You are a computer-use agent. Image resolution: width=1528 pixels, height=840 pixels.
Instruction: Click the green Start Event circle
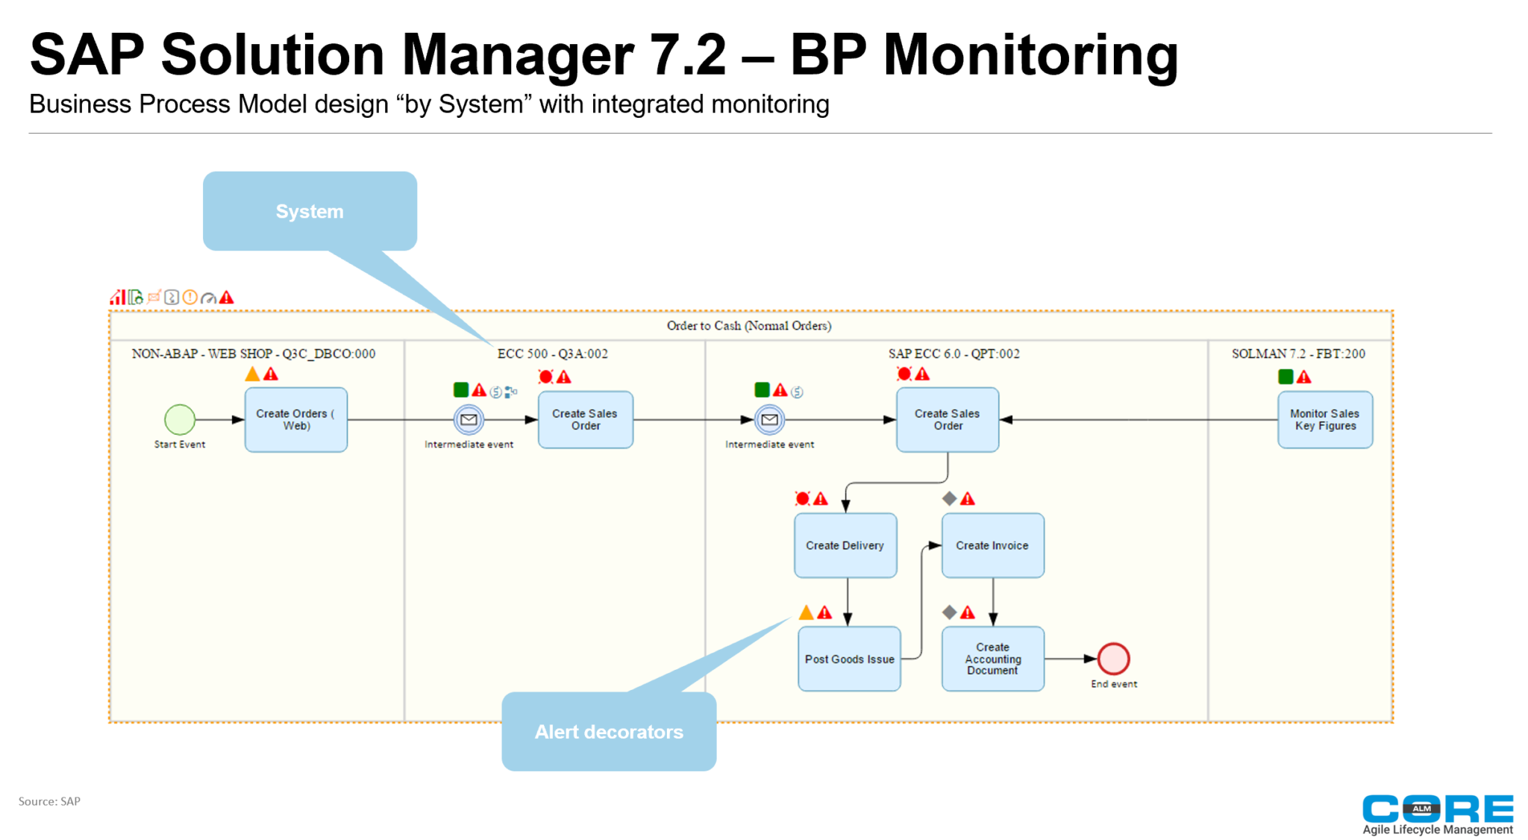179,419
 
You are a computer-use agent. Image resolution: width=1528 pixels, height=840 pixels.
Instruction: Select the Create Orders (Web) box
296,419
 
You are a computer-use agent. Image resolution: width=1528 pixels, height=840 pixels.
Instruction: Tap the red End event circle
1113,659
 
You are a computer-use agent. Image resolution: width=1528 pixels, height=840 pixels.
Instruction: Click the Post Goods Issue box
849,659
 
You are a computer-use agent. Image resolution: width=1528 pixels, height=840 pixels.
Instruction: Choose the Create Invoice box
992,545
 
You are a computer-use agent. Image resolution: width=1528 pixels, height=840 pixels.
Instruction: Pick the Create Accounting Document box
992,659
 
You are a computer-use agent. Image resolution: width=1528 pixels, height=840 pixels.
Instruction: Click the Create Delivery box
845,545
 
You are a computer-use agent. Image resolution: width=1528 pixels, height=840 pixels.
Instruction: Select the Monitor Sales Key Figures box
1324,419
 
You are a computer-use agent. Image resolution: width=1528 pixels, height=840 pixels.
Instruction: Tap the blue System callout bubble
310,211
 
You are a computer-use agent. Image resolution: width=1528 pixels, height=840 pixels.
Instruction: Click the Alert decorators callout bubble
609,732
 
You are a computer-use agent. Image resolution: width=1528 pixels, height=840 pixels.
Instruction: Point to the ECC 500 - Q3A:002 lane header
552,354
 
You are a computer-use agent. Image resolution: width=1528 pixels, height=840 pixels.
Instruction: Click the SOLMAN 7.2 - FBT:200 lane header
1298,354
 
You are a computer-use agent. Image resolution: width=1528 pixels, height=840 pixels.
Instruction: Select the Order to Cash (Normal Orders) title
748,325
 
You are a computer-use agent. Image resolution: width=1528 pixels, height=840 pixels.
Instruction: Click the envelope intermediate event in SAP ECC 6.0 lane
769,419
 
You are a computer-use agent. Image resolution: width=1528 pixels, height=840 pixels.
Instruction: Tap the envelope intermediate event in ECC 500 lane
469,419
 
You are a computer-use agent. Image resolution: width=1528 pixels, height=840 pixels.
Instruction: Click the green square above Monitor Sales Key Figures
1286,377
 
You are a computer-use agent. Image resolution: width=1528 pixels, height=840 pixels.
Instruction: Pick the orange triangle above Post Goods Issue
806,612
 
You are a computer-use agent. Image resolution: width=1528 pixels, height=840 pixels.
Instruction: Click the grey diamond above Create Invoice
949,498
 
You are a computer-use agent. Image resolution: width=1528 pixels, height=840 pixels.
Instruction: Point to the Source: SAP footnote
49,801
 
